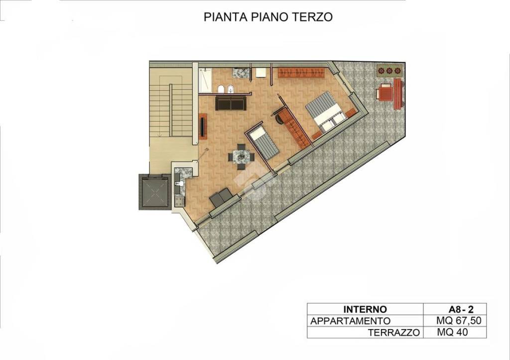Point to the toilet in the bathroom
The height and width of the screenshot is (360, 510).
[x=220, y=89]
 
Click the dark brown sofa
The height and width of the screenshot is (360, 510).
[x=230, y=103]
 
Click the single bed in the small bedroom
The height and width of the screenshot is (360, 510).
[x=264, y=141]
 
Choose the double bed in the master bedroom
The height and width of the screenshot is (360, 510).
[x=324, y=112]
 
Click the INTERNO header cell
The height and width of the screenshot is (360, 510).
[x=365, y=309]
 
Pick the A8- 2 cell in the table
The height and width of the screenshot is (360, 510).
[x=454, y=309]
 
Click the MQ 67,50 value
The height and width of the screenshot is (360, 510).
[x=454, y=321]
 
